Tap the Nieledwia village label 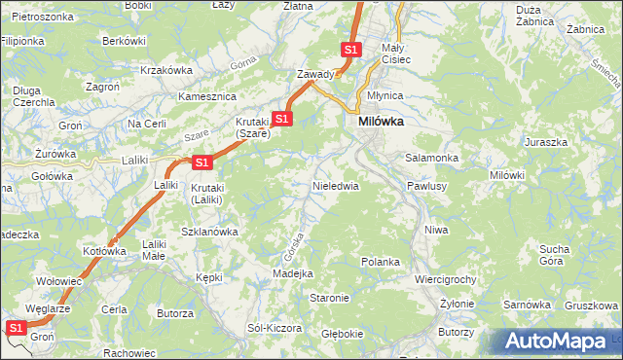coord(336,184)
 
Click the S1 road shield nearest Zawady coord(350,49)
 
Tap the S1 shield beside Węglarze coord(16,329)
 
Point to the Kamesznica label coord(208,97)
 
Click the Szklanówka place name coord(210,232)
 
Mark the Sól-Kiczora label coord(275,328)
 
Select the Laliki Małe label coord(154,250)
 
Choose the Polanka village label coord(381,262)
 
